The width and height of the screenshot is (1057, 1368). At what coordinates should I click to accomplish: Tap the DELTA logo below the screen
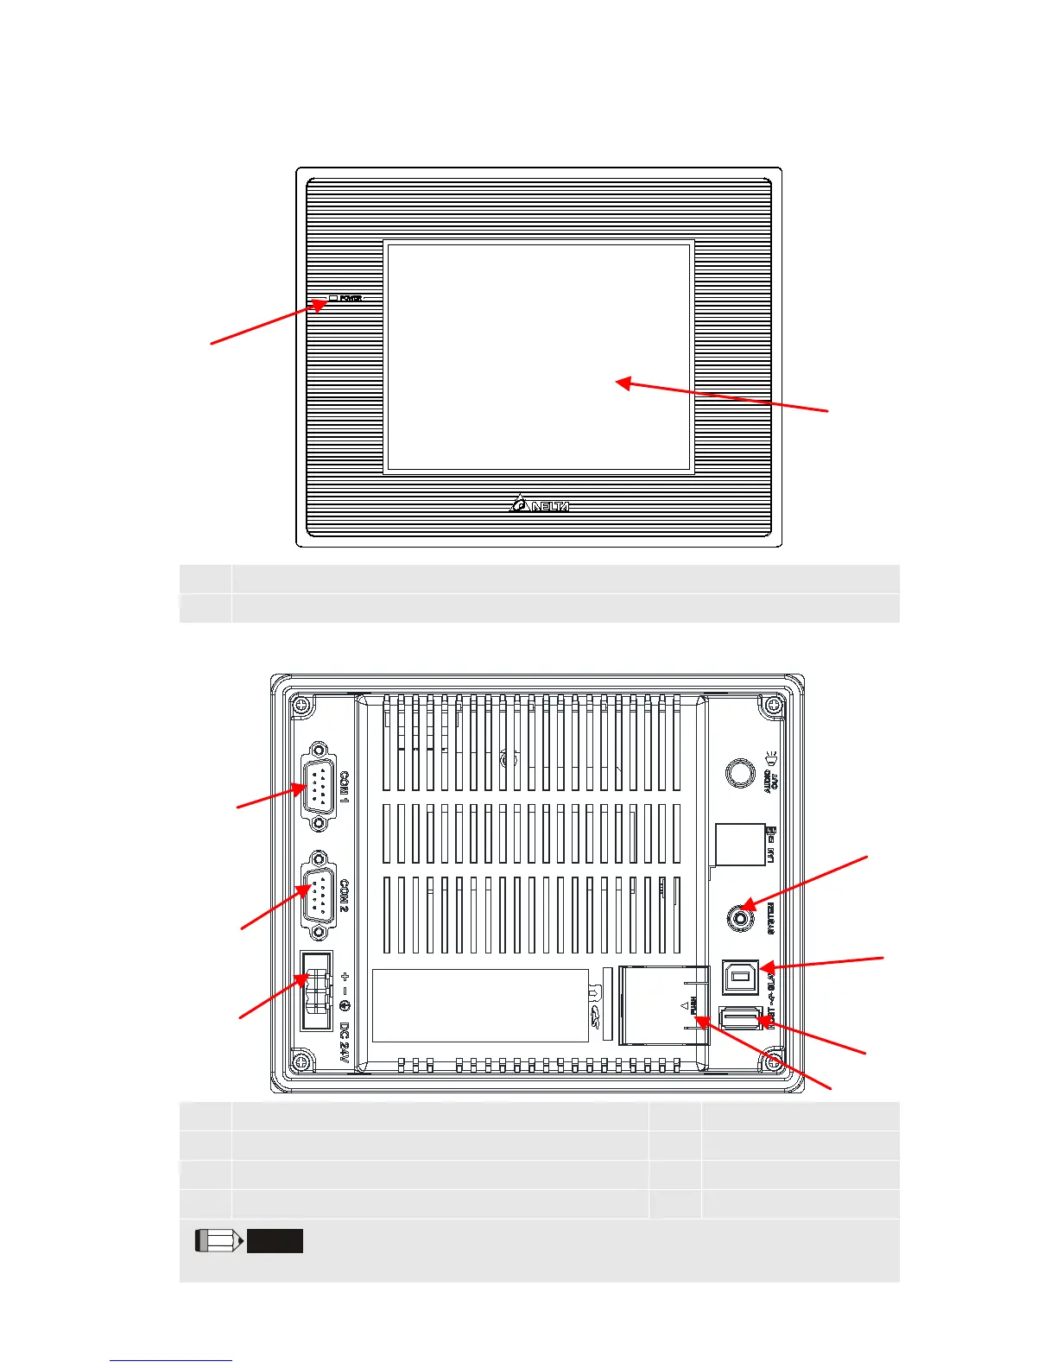[x=540, y=503]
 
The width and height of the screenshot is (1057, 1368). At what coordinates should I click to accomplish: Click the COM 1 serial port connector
[x=319, y=787]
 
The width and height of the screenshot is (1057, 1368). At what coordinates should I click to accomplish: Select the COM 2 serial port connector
[x=319, y=896]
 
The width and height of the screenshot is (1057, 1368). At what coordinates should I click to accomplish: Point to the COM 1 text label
[x=345, y=787]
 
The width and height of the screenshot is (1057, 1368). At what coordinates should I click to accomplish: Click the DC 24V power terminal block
[x=316, y=990]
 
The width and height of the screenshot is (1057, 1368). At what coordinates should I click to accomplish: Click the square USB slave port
[x=740, y=977]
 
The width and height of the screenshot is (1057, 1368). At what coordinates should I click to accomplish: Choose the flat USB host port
[x=740, y=1020]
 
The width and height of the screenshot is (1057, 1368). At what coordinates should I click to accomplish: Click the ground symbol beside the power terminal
[x=345, y=1007]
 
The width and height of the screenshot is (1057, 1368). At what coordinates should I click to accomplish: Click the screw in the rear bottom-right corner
[x=775, y=1061]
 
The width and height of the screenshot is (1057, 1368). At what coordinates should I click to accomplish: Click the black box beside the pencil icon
[x=275, y=1241]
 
